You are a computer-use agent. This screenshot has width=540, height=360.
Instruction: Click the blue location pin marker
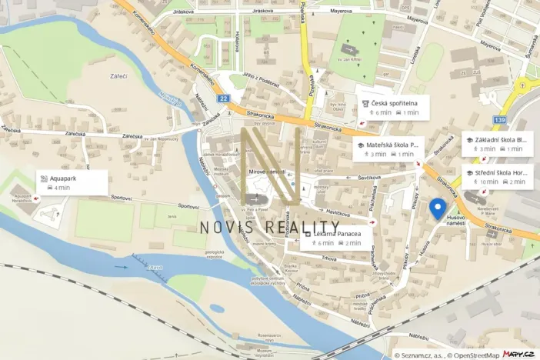(x=438, y=208)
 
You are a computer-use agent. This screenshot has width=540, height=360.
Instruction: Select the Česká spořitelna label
(x=395, y=102)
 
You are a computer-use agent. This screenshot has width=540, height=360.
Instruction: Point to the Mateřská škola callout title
(x=392, y=144)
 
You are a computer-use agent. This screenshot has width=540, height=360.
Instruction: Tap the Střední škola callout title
(x=501, y=172)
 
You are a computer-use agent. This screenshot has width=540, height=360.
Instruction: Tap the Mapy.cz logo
(x=520, y=354)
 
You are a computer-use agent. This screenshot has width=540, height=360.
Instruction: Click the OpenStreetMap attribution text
(x=468, y=355)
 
